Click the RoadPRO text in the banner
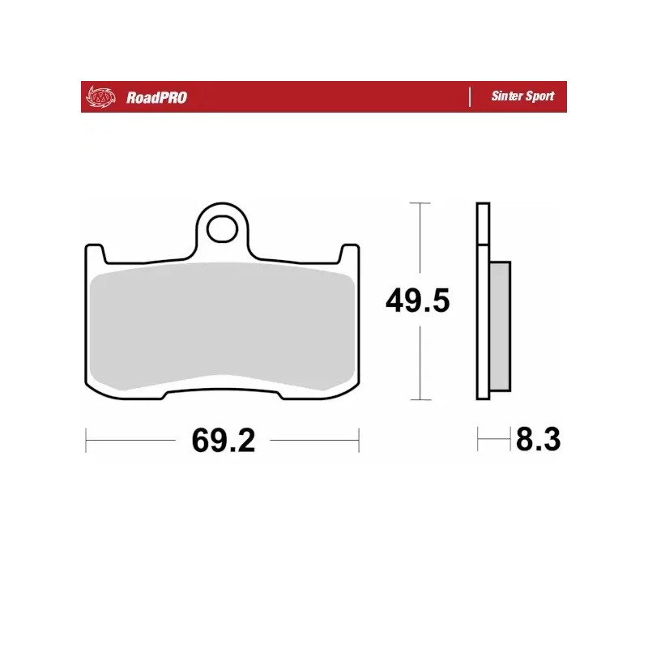click(x=156, y=97)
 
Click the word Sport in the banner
click(x=539, y=96)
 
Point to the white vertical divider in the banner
click(x=470, y=97)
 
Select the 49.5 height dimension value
click(x=417, y=302)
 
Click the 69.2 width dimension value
click(x=224, y=441)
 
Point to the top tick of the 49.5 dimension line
click(x=418, y=202)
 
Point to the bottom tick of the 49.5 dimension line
click(x=418, y=399)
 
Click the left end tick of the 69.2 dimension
click(x=86, y=441)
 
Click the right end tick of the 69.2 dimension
click(x=359, y=441)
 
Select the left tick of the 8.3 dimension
click(x=478, y=441)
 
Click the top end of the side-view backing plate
click(x=483, y=207)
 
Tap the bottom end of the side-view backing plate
click(x=483, y=395)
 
